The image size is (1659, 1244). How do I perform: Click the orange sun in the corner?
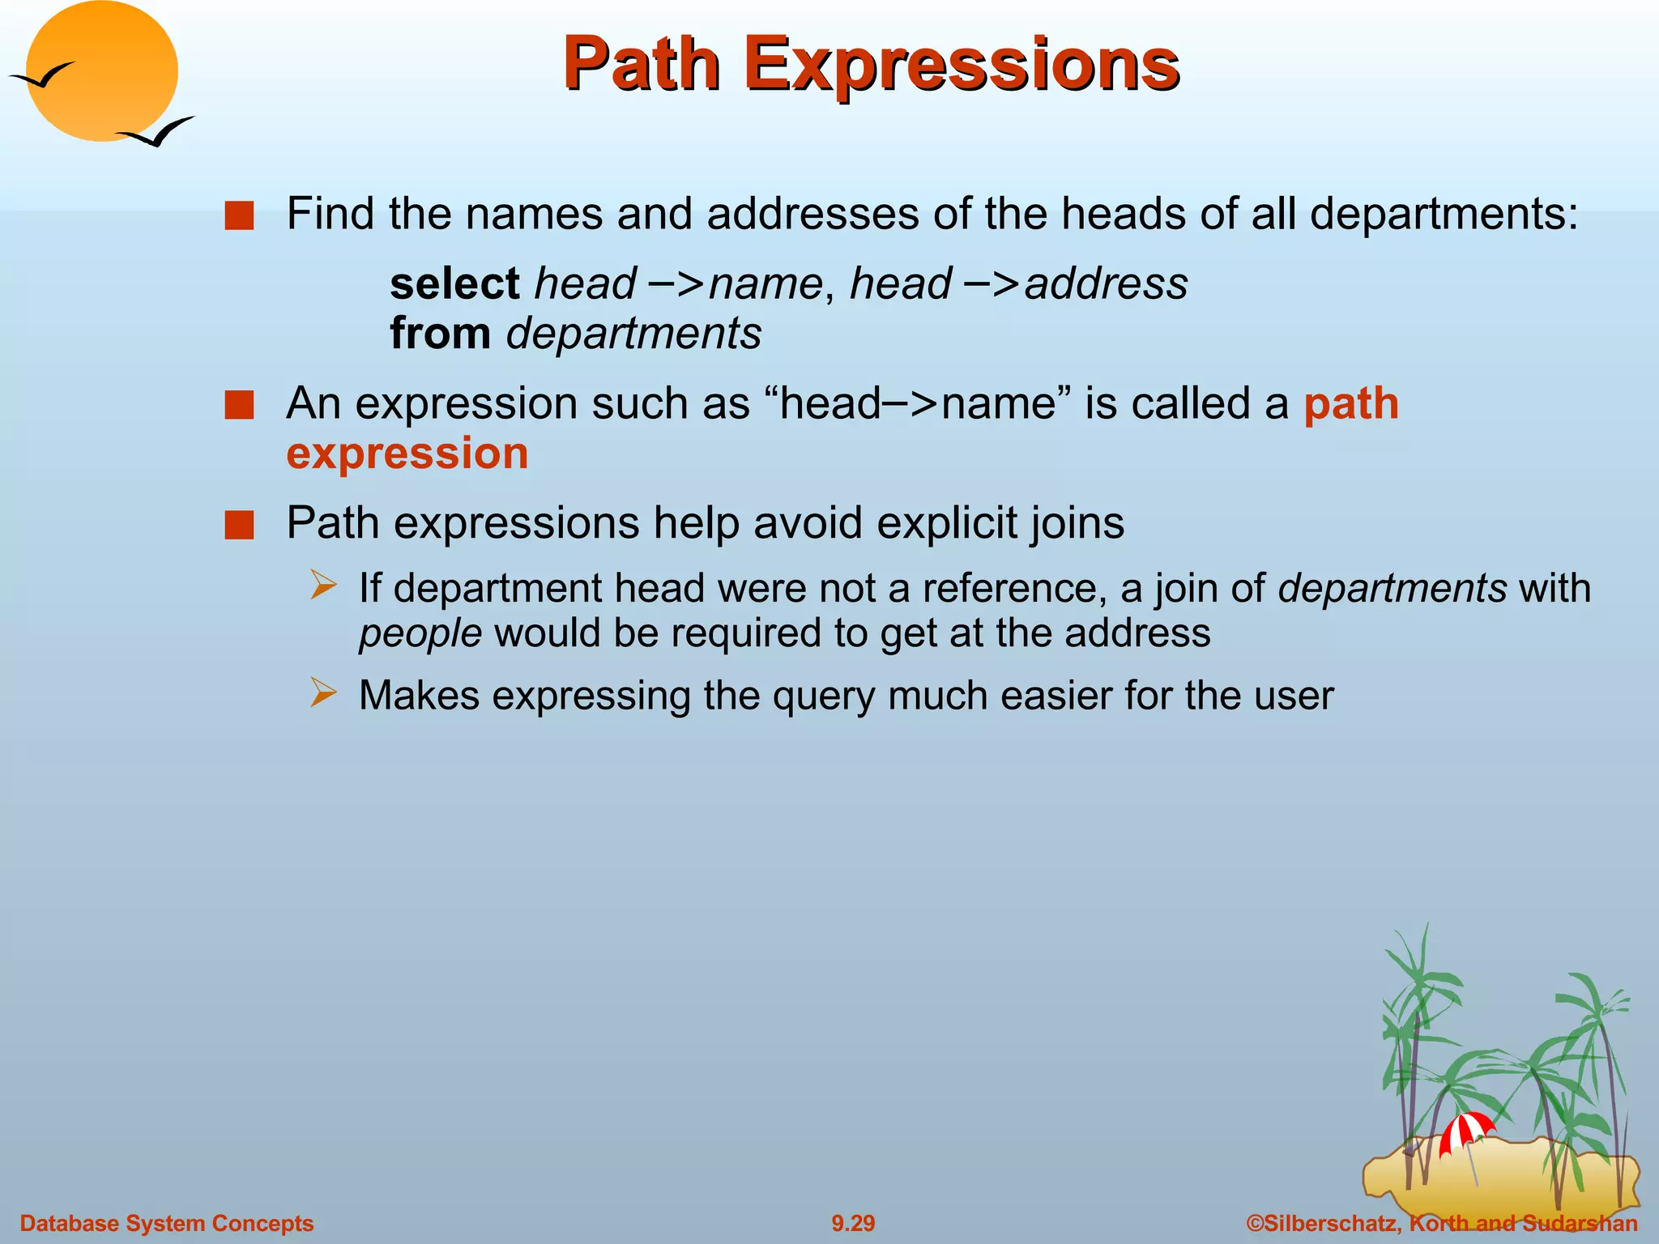101,70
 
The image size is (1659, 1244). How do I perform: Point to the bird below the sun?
157,132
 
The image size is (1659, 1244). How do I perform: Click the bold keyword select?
454,283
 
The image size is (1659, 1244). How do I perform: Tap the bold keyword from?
440,333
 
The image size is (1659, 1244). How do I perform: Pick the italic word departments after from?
633,333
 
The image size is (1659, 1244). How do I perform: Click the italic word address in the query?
1106,283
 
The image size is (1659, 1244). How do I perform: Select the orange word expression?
407,453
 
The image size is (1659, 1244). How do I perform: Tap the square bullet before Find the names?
239,216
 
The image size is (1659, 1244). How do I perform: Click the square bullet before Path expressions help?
239,525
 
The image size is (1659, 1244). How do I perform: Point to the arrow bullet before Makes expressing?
323,693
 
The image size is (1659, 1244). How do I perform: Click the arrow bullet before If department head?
323,586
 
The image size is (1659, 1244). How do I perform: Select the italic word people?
420,633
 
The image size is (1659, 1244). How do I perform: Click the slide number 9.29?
853,1223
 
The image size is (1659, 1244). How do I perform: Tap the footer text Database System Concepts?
167,1223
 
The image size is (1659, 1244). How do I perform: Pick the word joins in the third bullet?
1077,522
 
